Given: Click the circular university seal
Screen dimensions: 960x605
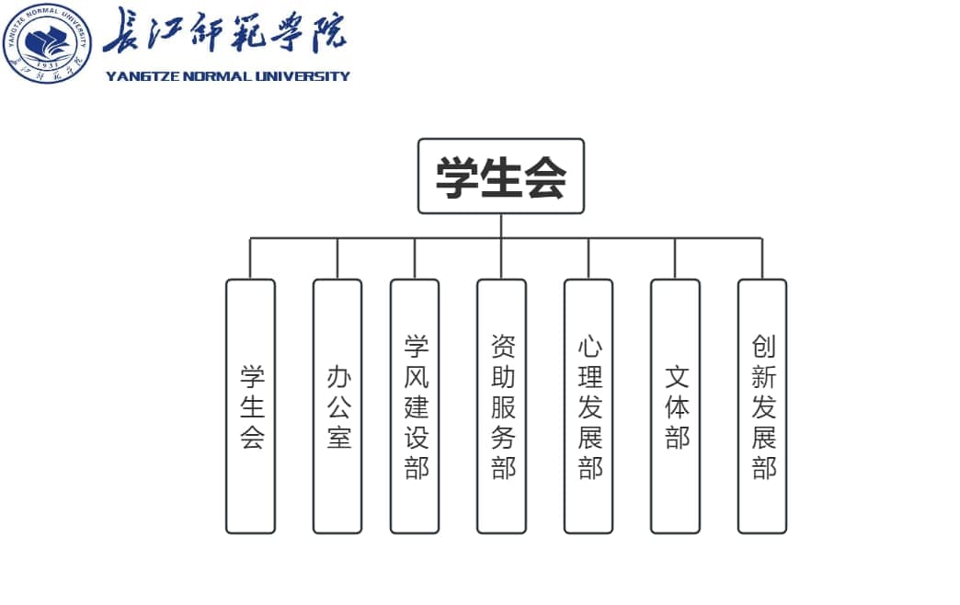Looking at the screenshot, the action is point(47,43).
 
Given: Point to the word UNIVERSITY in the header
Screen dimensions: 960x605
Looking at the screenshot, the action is point(303,76).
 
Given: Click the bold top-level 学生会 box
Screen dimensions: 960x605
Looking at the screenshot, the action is point(501,177).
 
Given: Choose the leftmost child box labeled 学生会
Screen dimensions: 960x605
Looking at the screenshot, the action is point(250,406).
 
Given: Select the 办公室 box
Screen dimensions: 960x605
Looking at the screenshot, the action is point(337,406).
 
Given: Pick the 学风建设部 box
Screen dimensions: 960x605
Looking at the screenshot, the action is point(415,406).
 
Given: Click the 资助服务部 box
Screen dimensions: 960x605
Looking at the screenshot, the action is point(501,406).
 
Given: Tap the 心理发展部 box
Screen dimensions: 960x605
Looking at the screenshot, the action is point(589,406).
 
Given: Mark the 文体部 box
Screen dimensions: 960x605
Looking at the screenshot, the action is point(675,406).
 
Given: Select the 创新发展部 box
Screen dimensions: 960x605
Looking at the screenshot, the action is point(762,406).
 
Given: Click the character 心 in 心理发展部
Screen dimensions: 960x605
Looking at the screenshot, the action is point(590,346).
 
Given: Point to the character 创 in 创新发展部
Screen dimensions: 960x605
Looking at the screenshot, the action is point(764,346).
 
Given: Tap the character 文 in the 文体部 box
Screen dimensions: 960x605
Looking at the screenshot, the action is point(677,377).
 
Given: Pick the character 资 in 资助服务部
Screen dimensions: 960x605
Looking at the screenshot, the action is point(503,346).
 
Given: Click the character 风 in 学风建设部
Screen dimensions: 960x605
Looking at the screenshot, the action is point(417,377).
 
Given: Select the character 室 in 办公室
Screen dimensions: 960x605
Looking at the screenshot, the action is point(339,438).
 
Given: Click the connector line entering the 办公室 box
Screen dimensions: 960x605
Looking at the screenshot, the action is point(337,258).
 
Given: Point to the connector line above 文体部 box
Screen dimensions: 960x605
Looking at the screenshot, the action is point(675,258).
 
